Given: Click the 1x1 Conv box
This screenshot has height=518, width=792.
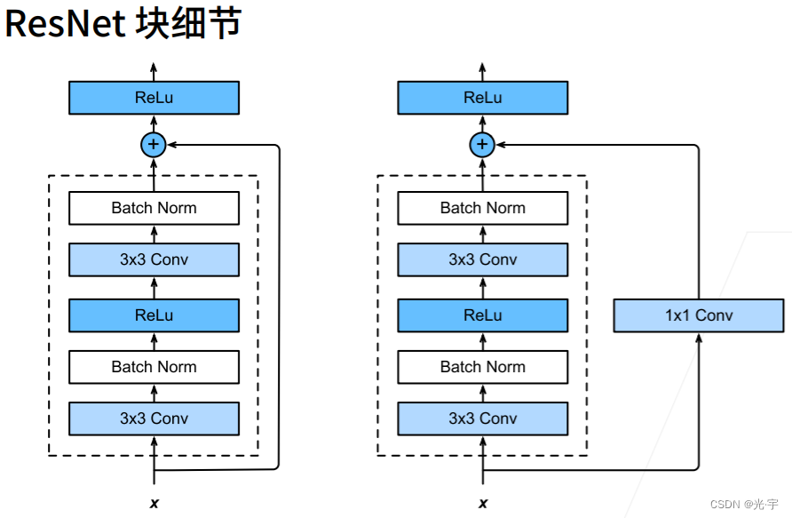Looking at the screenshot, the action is [x=699, y=315].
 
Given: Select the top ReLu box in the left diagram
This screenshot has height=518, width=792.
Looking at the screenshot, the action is [x=154, y=98].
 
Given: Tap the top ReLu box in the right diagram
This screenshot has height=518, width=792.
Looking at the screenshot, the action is [x=483, y=98].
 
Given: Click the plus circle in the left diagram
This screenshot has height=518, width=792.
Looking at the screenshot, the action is [x=154, y=145].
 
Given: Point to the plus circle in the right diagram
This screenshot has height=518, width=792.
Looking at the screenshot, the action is [x=482, y=145].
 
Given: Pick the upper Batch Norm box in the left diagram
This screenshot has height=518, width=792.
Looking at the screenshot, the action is [x=154, y=208].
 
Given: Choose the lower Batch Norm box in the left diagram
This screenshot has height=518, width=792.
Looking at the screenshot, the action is [x=154, y=367].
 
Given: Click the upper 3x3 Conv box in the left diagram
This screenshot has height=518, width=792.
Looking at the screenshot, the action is [x=154, y=259].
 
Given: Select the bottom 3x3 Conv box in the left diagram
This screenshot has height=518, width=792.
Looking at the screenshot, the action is [x=154, y=418].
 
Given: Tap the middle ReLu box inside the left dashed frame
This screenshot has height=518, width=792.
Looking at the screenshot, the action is [x=154, y=315].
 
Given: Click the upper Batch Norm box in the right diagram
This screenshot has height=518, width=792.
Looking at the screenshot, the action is [x=483, y=208].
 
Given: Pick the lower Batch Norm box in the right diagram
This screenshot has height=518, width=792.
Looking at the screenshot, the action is [x=483, y=367].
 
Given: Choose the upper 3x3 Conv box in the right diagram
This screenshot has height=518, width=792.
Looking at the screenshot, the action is [x=483, y=259].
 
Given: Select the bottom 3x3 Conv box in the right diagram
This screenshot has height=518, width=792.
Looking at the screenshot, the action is [x=483, y=418].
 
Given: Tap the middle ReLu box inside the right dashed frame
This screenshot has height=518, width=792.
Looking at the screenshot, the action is [x=483, y=315].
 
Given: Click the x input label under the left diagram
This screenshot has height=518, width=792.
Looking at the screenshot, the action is [x=154, y=504].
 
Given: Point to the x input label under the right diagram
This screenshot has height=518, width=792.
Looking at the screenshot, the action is [x=483, y=504].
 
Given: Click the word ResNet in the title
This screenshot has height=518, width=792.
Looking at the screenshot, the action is [x=65, y=24].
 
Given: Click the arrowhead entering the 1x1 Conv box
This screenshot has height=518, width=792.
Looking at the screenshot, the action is [x=699, y=338].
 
